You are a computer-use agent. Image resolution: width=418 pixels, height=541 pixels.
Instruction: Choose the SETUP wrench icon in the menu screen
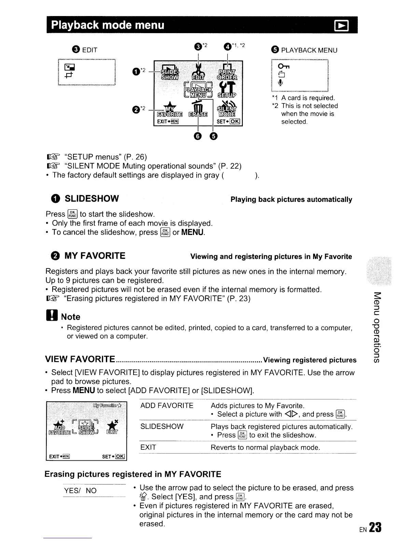pyautogui.click(x=227, y=88)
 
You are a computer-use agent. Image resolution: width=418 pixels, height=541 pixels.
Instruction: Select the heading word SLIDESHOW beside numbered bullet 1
pyautogui.click(x=92, y=198)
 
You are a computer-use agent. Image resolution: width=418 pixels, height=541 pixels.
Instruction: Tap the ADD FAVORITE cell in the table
pyautogui.click(x=167, y=405)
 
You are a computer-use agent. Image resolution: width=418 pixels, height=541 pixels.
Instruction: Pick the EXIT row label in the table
pyautogui.click(x=148, y=447)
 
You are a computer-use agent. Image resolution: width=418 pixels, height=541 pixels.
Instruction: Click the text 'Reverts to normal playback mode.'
pyautogui.click(x=265, y=447)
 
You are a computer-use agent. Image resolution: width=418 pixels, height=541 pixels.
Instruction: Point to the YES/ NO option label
pyautogui.click(x=81, y=491)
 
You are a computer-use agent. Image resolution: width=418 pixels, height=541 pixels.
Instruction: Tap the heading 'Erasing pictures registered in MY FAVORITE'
pyautogui.click(x=133, y=474)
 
